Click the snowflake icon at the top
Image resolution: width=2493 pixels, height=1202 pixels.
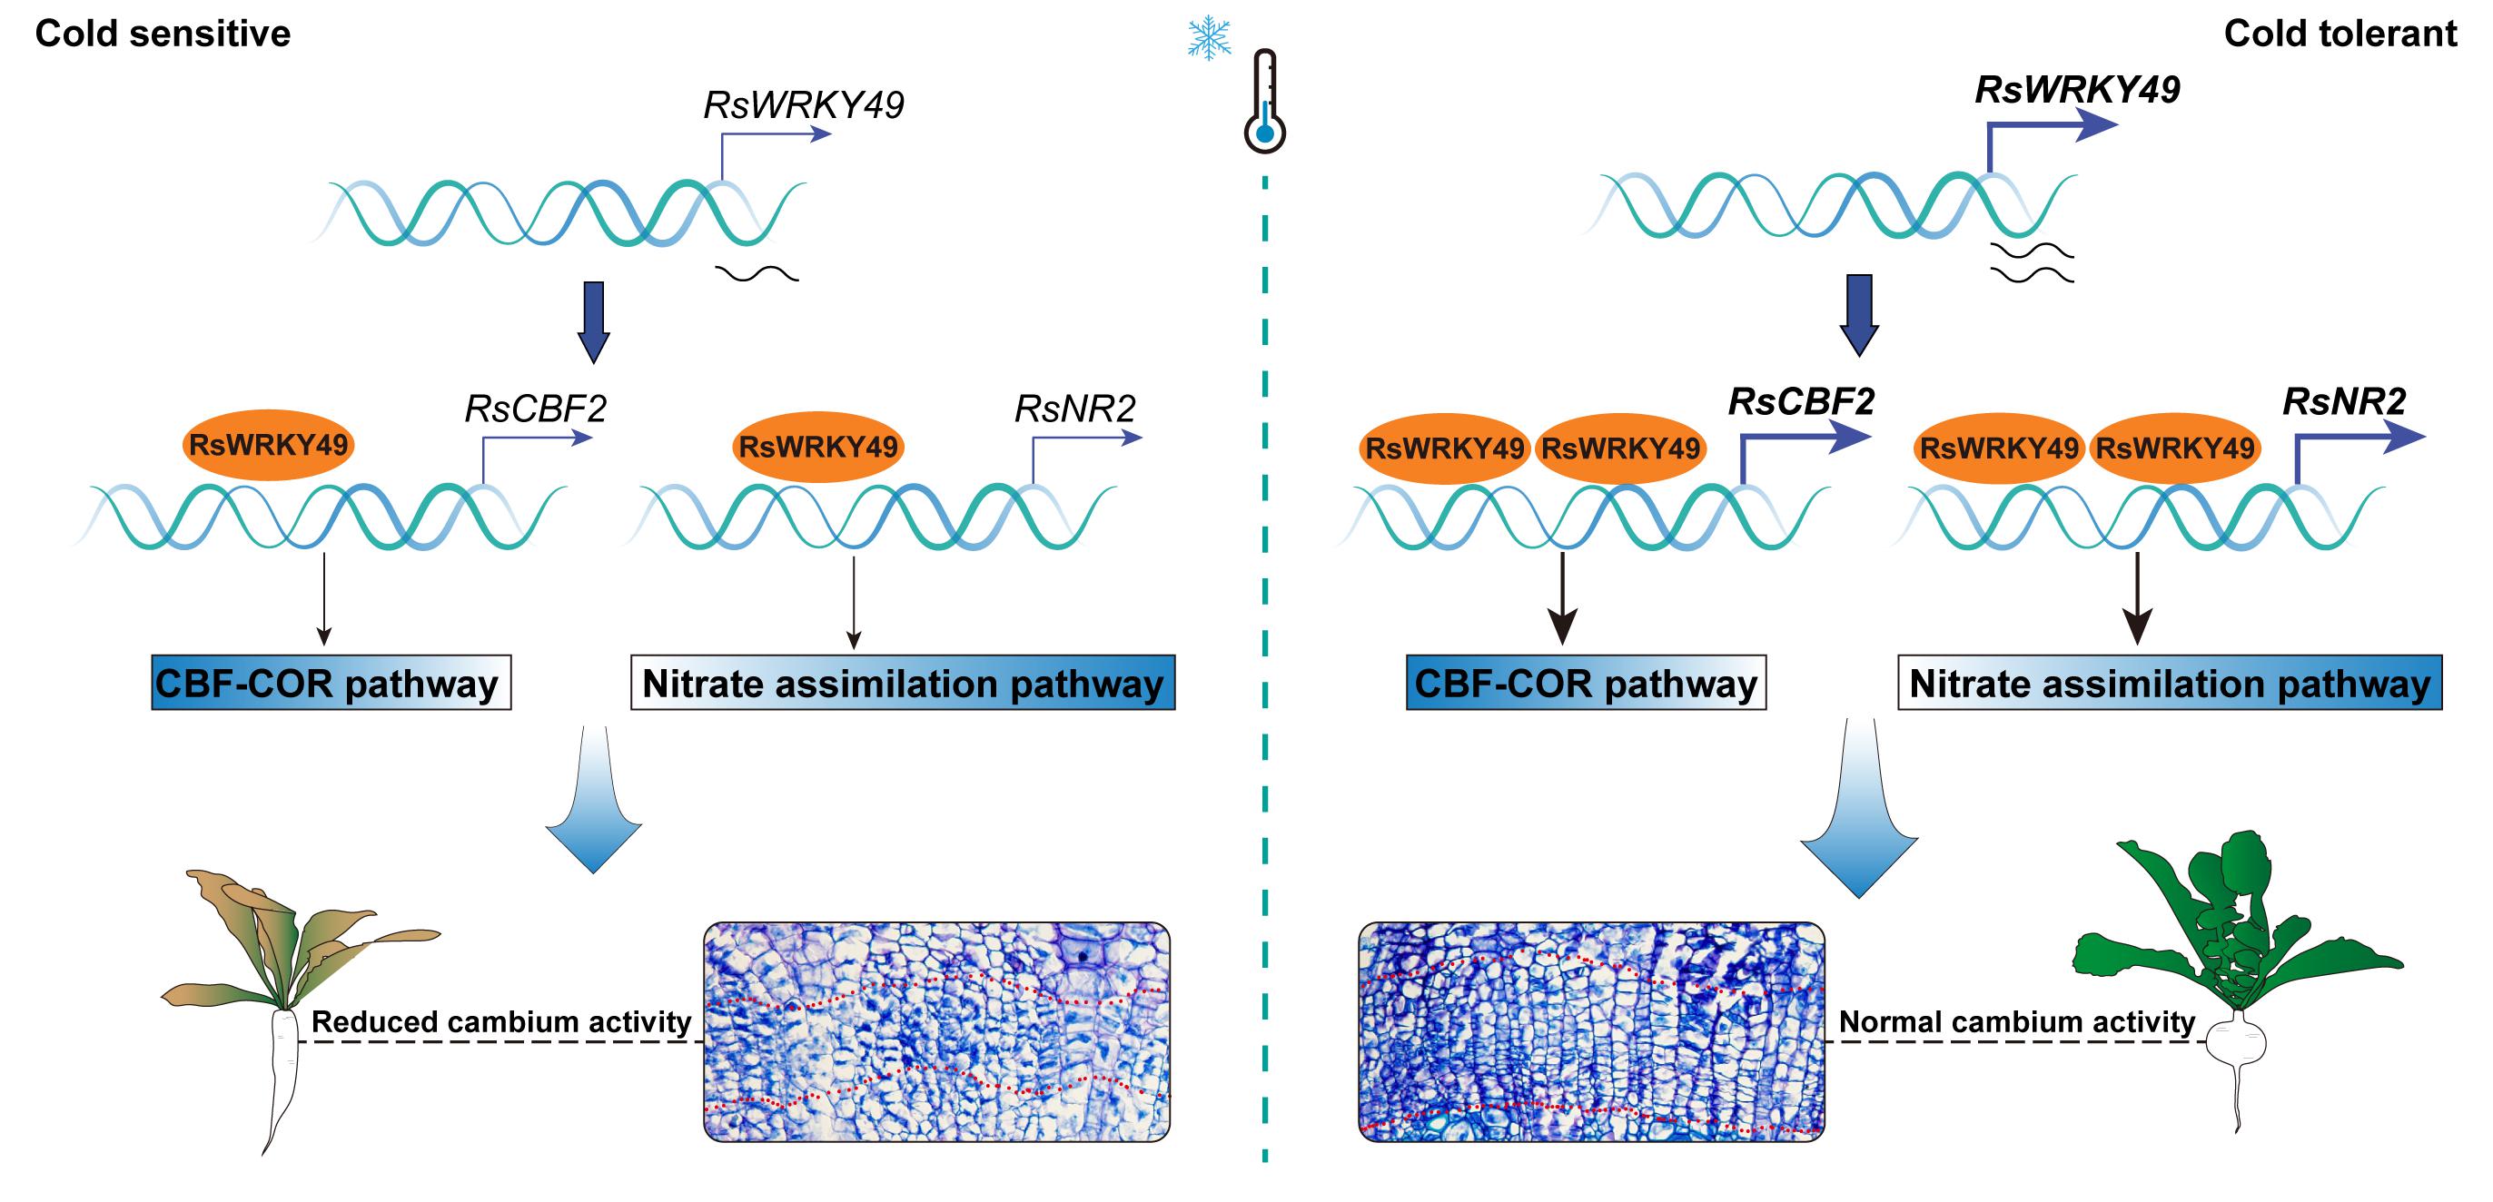click(1209, 38)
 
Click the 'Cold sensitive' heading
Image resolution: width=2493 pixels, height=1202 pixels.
click(163, 34)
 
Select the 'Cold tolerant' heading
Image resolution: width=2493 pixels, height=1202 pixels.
click(2340, 34)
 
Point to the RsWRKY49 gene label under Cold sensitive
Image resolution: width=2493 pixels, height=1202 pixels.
click(803, 105)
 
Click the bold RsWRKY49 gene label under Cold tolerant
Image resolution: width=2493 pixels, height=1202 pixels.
click(2077, 90)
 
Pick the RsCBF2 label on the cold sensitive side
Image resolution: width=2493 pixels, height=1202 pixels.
click(535, 409)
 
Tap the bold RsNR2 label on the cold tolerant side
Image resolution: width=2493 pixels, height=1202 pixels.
click(2344, 401)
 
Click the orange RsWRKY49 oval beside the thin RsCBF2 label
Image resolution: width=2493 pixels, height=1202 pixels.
click(268, 445)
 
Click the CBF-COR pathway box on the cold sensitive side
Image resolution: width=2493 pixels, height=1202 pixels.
click(331, 684)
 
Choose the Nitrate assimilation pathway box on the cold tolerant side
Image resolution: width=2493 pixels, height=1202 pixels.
click(2170, 684)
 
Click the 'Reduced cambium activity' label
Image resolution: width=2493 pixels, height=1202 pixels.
click(501, 1022)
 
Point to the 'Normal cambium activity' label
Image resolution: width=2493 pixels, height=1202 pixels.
click(2017, 1022)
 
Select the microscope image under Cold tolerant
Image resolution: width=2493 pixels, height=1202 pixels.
click(1592, 1031)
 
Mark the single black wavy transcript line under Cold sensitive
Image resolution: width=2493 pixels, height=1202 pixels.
click(757, 275)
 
